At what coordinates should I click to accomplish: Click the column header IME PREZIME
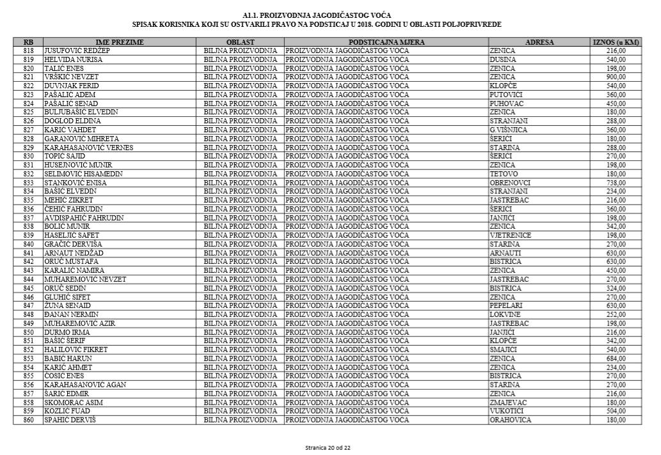pyautogui.click(x=120, y=42)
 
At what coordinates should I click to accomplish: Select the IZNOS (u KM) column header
pyautogui.click(x=615, y=42)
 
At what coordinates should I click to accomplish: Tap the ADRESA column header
pyautogui.click(x=539, y=42)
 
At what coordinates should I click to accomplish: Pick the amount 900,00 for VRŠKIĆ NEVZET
pyautogui.click(x=616, y=77)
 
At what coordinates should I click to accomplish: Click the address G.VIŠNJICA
pyautogui.click(x=508, y=130)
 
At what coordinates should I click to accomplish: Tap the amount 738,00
pyautogui.click(x=616, y=183)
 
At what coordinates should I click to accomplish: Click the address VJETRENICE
pyautogui.click(x=510, y=235)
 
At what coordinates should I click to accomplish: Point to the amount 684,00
pyautogui.click(x=616, y=359)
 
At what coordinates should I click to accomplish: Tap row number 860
pyautogui.click(x=28, y=420)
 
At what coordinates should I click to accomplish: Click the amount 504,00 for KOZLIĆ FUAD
pyautogui.click(x=616, y=412)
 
